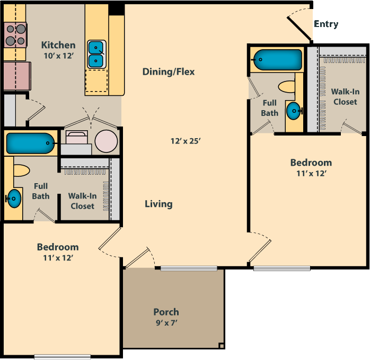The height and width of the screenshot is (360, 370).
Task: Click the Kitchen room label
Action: [58, 46]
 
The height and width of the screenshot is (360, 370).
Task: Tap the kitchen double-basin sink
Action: [96, 53]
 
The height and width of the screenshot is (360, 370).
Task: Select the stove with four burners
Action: [15, 35]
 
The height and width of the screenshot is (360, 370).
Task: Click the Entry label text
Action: [326, 24]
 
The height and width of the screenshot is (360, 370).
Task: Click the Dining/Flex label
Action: [169, 71]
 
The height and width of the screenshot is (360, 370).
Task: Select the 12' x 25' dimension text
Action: [186, 141]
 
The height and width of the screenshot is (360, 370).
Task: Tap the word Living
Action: [158, 204]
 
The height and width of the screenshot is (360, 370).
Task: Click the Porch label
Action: [166, 312]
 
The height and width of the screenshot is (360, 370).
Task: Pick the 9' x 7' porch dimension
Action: [166, 322]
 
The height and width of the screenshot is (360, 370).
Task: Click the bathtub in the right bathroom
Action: [277, 60]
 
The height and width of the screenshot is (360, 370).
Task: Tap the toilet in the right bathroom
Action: [287, 86]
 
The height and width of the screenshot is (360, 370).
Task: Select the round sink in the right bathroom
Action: [293, 111]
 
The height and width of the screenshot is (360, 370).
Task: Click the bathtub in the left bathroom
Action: [30, 143]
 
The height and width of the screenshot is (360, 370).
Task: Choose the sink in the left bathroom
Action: [14, 199]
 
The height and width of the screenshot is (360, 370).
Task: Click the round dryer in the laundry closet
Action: [107, 142]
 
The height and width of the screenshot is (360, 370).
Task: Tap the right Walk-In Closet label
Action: [345, 96]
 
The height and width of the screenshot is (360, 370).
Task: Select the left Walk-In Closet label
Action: [82, 201]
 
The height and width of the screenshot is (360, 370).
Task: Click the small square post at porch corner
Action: [221, 346]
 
